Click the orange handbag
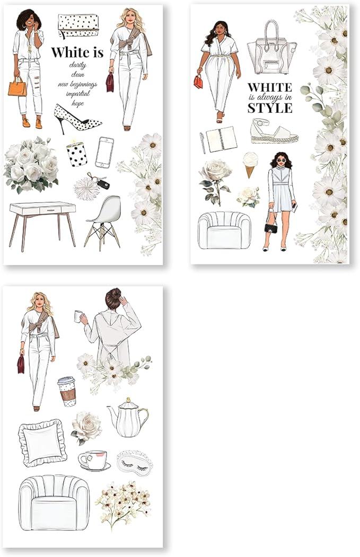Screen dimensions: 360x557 (17, 87)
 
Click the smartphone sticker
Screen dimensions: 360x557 (105, 153)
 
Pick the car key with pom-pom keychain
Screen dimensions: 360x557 (92, 186)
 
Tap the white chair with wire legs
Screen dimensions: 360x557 (103, 223)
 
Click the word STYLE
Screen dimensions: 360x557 (270, 108)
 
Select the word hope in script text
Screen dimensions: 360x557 (77, 103)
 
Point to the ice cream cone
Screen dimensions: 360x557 (250, 164)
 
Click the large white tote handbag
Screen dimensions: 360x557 (272, 47)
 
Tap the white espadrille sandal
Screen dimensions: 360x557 (274, 131)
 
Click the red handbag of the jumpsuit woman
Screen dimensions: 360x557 (198, 82)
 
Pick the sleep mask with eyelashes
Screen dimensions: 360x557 (135, 463)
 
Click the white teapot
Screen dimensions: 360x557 (128, 418)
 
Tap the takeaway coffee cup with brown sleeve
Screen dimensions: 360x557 (67, 391)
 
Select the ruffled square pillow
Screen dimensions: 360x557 (42, 443)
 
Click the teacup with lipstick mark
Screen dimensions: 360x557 (94, 461)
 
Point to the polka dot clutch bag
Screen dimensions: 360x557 (78, 26)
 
